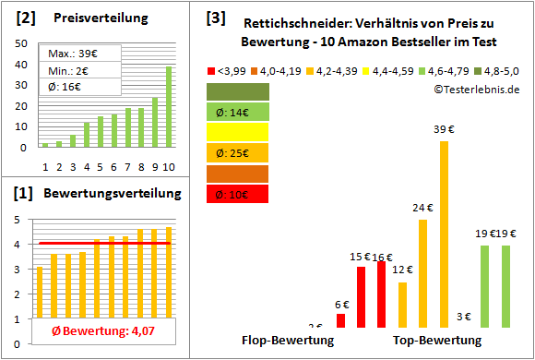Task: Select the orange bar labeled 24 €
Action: click(x=423, y=273)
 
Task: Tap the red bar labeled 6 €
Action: click(x=340, y=320)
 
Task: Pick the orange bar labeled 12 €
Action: click(x=402, y=305)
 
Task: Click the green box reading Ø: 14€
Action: click(x=238, y=112)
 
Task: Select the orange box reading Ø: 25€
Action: click(x=238, y=152)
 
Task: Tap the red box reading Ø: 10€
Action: click(x=238, y=193)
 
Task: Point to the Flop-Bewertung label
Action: click(x=287, y=341)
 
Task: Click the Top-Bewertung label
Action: click(x=436, y=341)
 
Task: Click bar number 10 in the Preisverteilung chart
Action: click(x=169, y=106)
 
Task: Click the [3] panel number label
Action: click(x=215, y=18)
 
